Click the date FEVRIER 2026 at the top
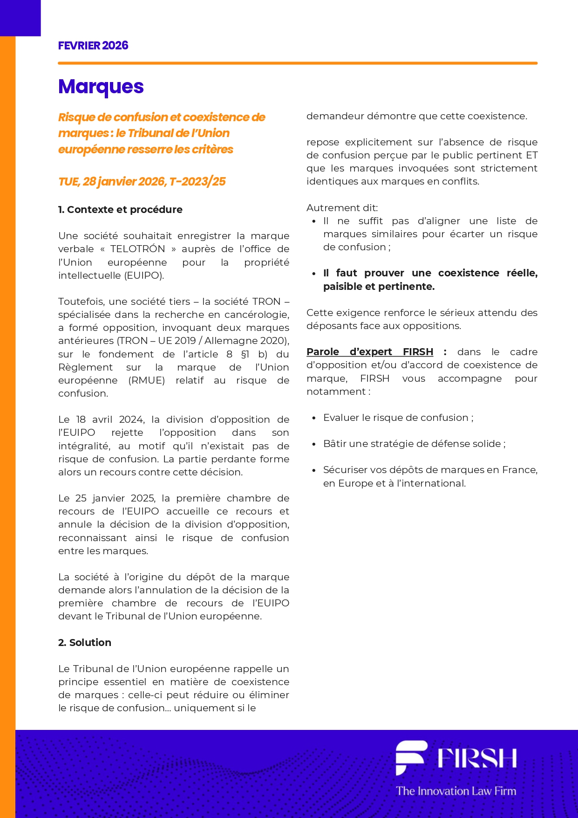tap(93, 46)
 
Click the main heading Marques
tap(101, 87)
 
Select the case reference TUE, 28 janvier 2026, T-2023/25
tap(142, 181)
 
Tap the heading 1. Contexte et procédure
tap(120, 210)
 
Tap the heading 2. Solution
tap(85, 643)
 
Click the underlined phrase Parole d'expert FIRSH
tap(370, 352)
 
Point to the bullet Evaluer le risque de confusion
tap(398, 418)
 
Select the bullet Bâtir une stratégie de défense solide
tap(414, 444)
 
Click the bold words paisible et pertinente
tap(379, 287)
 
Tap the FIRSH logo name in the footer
tap(476, 758)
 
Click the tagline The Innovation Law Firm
tap(456, 791)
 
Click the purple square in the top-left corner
tap(20, 18)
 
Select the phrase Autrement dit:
tap(342, 208)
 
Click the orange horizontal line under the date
tap(298, 63)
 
